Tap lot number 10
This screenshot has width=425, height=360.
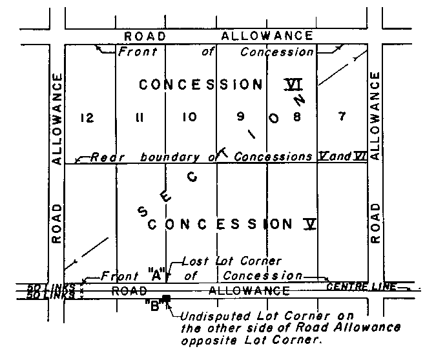pyautogui.click(x=189, y=117)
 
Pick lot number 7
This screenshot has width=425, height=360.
pyautogui.click(x=342, y=117)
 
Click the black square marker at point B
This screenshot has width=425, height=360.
pyautogui.click(x=166, y=298)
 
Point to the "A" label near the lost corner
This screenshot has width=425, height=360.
pyautogui.click(x=154, y=274)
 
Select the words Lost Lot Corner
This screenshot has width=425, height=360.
pyautogui.click(x=232, y=261)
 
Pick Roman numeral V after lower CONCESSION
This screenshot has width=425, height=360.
pyautogui.click(x=311, y=224)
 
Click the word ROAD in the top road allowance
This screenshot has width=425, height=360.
pyautogui.click(x=145, y=36)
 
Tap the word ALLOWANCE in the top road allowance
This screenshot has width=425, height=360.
pyautogui.click(x=267, y=36)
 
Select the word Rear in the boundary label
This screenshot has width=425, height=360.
pyautogui.click(x=103, y=157)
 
